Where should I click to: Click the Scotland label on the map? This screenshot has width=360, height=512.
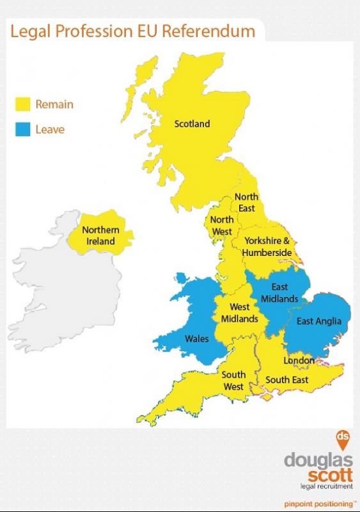pos(192,124)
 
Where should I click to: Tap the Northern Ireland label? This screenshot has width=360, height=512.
pos(100,236)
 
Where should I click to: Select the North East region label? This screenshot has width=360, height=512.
pos(246,202)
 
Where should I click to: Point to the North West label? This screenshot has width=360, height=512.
pos(222,225)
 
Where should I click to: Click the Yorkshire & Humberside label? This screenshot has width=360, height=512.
pos(267,246)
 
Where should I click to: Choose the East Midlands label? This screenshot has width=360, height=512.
pos(279,292)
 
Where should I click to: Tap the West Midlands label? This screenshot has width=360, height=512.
pos(240,313)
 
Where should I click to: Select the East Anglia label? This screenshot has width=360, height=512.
pos(319,321)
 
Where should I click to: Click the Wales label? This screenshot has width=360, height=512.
pos(196,338)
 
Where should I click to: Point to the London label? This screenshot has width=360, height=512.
pos(299,360)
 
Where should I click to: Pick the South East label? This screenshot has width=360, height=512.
pos(287,380)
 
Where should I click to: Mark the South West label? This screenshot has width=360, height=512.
pos(233,381)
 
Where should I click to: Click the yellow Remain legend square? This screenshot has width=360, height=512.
pos(24,104)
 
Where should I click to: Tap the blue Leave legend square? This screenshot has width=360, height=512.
pos(24,130)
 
